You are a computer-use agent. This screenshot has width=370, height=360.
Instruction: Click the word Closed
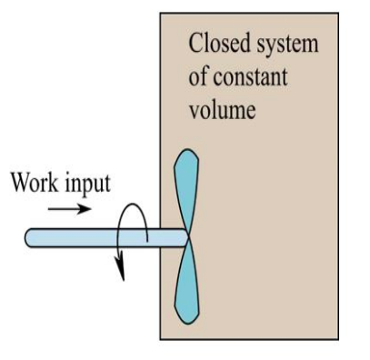pyautogui.click(x=220, y=43)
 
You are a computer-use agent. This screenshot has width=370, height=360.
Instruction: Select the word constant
pyautogui.click(x=250, y=77)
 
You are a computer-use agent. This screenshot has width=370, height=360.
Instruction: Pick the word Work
pyautogui.click(x=35, y=182)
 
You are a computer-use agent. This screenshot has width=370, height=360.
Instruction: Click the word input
pyautogui.click(x=88, y=184)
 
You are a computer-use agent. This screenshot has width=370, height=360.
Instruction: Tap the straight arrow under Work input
pyautogui.click(x=69, y=208)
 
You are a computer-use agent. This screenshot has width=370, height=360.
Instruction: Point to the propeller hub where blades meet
pyautogui.click(x=188, y=238)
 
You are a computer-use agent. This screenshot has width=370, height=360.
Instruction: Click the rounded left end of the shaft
pyautogui.click(x=28, y=238)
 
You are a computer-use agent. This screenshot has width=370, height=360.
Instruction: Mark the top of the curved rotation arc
pyautogui.click(x=133, y=204)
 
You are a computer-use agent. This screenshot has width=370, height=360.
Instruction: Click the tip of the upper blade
pyautogui.click(x=187, y=149)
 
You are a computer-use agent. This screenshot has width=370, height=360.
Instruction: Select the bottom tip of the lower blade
pyautogui.click(x=188, y=324)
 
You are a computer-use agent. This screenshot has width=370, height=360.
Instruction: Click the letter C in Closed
pyautogui.click(x=195, y=44)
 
